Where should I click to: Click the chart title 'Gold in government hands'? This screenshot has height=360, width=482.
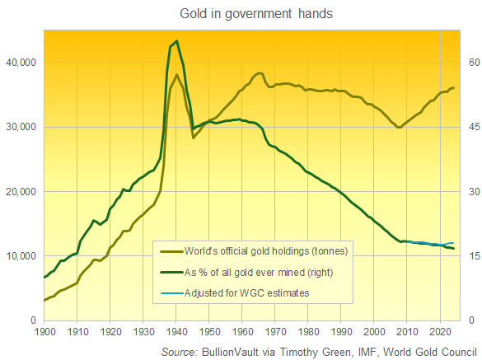[241, 14]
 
